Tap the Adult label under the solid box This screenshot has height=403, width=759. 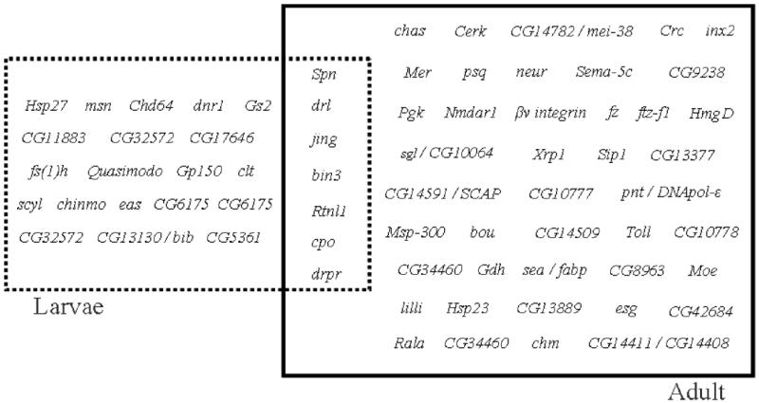(x=695, y=390)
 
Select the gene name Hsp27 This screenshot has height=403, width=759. (x=45, y=105)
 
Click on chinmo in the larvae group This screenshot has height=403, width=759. (x=81, y=204)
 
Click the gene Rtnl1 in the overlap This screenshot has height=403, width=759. (x=328, y=209)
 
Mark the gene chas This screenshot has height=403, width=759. (x=410, y=31)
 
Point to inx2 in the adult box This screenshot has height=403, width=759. (x=720, y=31)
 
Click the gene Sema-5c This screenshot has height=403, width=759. (x=603, y=71)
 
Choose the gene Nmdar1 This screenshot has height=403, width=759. (x=470, y=113)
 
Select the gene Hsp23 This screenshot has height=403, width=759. (x=466, y=308)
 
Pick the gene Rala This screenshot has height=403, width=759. (x=409, y=342)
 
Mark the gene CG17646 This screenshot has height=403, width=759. (x=222, y=138)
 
